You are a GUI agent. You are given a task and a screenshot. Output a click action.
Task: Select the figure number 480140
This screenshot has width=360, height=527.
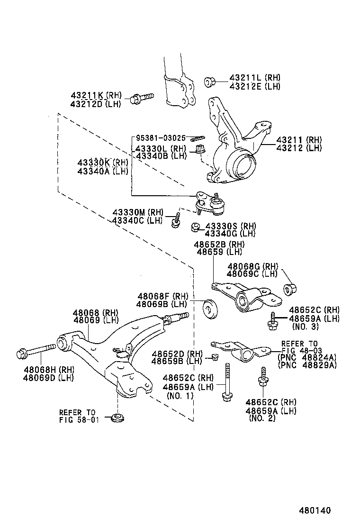[314, 511]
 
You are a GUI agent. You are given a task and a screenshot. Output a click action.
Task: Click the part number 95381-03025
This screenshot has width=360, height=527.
[161, 138]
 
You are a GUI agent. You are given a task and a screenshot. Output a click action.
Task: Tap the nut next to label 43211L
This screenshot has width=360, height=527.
[210, 82]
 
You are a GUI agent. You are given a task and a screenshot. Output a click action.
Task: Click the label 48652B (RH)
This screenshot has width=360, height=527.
[219, 244]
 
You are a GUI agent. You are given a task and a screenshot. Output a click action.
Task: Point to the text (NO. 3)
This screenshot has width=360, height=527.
[306, 327]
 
